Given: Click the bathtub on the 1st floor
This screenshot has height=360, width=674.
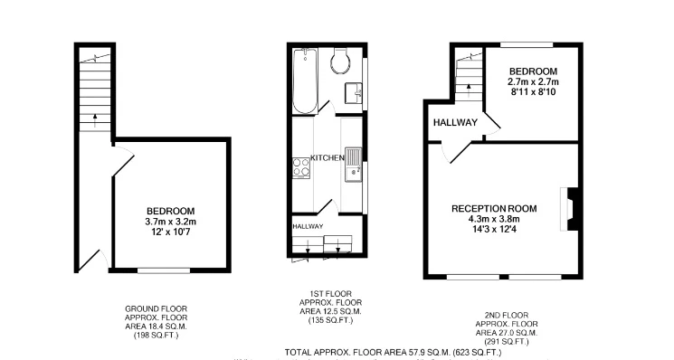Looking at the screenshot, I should [305, 81].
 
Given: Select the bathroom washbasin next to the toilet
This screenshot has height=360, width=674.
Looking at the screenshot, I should [354, 90].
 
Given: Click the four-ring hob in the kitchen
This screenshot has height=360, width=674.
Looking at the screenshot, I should [301, 168].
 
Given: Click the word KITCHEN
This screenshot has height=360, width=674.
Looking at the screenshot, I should [328, 157].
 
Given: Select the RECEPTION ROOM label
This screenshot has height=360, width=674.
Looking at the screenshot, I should [494, 208].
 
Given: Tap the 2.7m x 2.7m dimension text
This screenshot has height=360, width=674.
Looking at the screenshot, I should [532, 81].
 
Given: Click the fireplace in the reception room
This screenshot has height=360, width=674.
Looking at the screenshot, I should [567, 208].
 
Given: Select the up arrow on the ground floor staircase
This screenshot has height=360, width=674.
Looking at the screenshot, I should [93, 118].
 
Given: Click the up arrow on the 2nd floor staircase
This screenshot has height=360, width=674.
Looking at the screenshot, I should [469, 88].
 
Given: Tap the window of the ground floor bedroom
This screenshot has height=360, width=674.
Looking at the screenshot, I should [164, 270].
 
